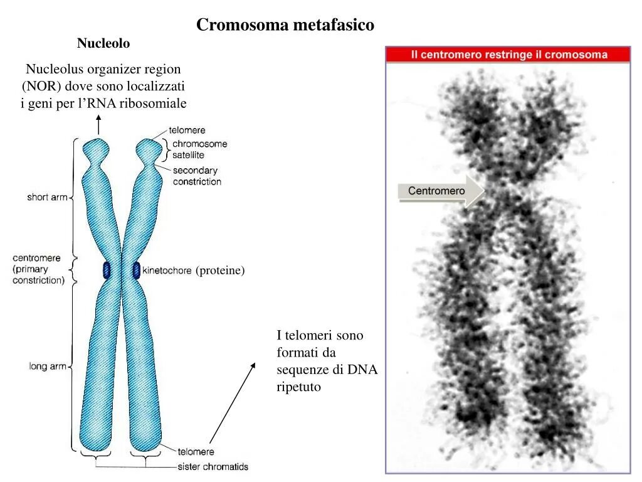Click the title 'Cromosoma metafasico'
pyautogui.click(x=285, y=25)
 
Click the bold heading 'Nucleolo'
pyautogui.click(x=103, y=43)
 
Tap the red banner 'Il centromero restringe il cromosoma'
pyautogui.click(x=508, y=55)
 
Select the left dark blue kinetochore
pyautogui.click(x=107, y=270)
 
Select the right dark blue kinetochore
pyautogui.click(x=136, y=270)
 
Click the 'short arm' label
pyautogui.click(x=46, y=197)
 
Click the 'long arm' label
pyautogui.click(x=47, y=367)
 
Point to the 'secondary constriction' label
pyautogui.click(x=197, y=176)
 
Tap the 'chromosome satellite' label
pyautogui.click(x=199, y=149)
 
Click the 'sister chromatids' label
pyautogui.click(x=213, y=466)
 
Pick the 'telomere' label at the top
pyautogui.click(x=187, y=131)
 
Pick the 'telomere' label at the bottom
pyautogui.click(x=195, y=452)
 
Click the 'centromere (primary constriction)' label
pyautogui.click(x=38, y=269)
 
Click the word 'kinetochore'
pyautogui.click(x=167, y=271)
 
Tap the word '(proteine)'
pyautogui.click(x=219, y=270)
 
